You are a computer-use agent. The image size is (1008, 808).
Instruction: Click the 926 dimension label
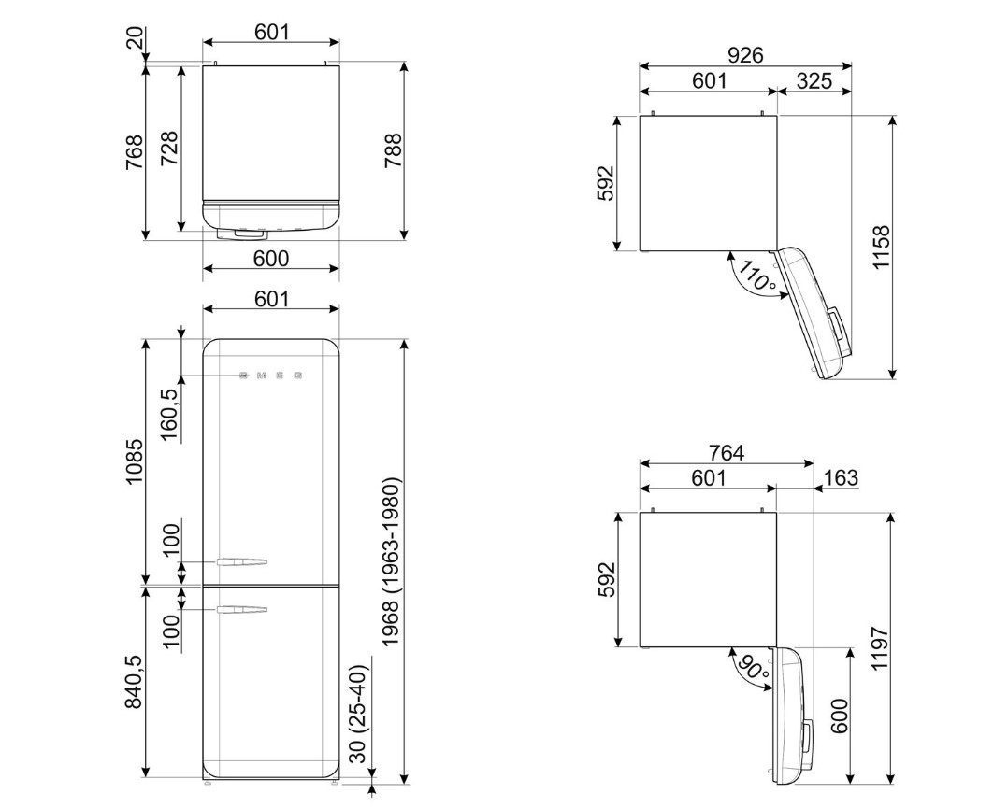point(745,55)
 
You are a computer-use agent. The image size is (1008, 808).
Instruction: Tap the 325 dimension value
point(814,81)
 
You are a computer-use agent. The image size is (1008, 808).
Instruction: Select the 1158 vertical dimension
point(881,248)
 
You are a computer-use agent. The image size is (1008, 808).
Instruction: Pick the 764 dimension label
point(727,453)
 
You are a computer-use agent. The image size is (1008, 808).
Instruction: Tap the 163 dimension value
point(841,478)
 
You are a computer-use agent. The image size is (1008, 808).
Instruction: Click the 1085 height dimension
point(135,461)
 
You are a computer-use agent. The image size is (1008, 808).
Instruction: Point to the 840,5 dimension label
point(134,682)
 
